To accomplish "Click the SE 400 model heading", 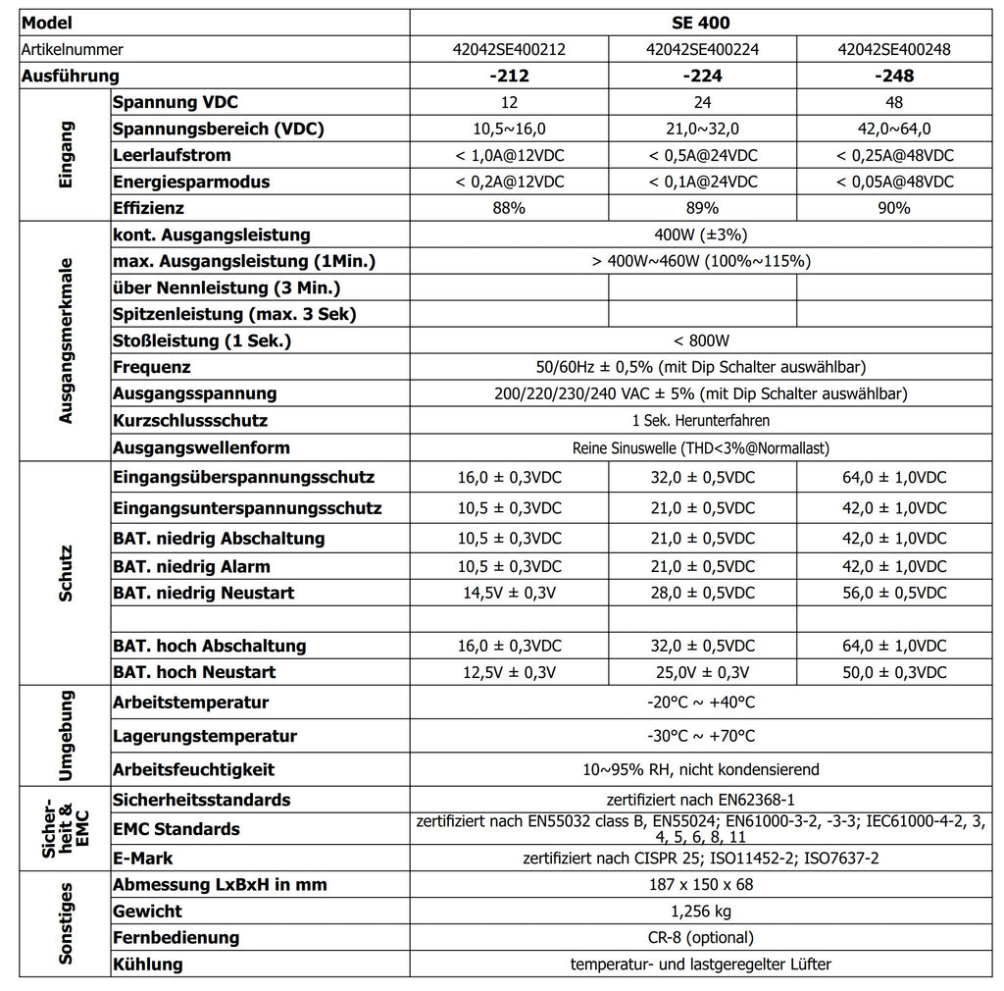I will tap(703, 22).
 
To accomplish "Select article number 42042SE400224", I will tap(703, 49).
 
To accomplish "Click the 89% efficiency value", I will tap(703, 208).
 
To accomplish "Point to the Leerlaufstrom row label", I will tap(172, 155).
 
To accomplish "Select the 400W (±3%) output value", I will tap(703, 235).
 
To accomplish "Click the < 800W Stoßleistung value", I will tap(703, 340).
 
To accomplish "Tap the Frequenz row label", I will tap(152, 367).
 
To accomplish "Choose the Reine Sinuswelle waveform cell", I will tap(703, 447).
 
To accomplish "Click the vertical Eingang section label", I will tap(66, 155).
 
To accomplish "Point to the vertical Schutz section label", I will tap(66, 573).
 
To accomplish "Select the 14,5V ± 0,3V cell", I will tap(509, 593).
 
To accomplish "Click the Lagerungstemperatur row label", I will tap(205, 736).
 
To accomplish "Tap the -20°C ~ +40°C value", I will tap(703, 703).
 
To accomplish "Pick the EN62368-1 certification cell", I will tap(703, 800).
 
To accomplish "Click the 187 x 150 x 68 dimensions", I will tap(703, 884).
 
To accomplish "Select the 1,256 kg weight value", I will tap(703, 912).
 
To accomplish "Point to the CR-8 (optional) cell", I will tap(703, 937).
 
